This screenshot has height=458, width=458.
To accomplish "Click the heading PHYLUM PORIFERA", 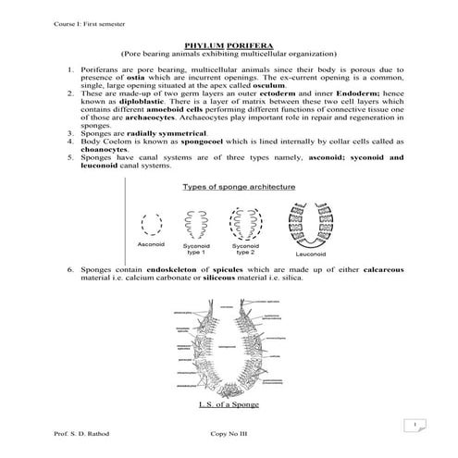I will tap(229, 43).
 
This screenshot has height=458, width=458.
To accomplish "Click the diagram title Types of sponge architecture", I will tap(238, 187).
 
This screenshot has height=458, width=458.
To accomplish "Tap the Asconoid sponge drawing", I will tap(152, 225).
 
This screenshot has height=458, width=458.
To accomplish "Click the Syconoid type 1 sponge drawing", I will tap(197, 223).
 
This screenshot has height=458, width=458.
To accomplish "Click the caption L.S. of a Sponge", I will tap(228, 405).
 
